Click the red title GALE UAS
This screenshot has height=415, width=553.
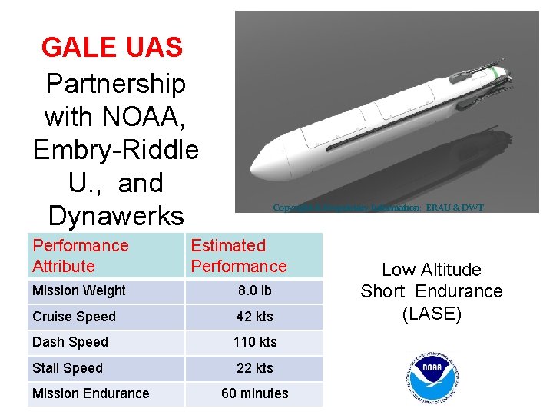pos(112,47)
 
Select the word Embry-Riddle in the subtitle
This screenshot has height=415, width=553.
pos(116,149)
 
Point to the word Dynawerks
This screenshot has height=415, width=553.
pos(115,215)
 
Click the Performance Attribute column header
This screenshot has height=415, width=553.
pos(80,256)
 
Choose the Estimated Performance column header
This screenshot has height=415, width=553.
pos(238,256)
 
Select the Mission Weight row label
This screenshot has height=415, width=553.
pos(79,290)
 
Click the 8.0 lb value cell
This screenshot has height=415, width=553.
pos(254,291)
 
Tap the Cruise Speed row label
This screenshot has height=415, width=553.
pos(74,317)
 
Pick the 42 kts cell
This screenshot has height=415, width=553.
pos(254,317)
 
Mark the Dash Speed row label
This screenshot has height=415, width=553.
pos(70,342)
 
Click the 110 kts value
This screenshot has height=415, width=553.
pos(254,342)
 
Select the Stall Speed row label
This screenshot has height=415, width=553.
pos(68,368)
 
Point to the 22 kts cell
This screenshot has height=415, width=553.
pos(254,368)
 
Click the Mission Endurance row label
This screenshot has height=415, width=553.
pos(91,393)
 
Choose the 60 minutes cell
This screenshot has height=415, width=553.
pos(254,393)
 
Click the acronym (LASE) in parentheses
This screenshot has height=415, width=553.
pos(431,314)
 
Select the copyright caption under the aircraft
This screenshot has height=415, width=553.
pos(378,207)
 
